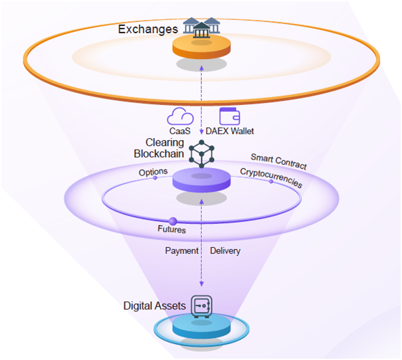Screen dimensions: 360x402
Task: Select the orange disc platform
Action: pyautogui.click(x=201, y=48)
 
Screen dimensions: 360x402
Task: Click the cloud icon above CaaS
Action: pyautogui.click(x=180, y=117)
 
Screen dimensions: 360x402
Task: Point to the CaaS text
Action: pyautogui.click(x=179, y=132)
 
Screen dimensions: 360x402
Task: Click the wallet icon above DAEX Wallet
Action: pyautogui.click(x=229, y=116)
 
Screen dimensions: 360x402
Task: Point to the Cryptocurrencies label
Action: pyautogui.click(x=270, y=177)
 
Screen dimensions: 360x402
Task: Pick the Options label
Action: pyautogui.click(x=153, y=172)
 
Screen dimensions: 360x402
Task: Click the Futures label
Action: pyautogui.click(x=171, y=230)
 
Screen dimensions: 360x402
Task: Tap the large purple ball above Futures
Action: pyautogui.click(x=173, y=221)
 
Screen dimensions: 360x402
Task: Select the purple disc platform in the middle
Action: pyautogui.click(x=201, y=181)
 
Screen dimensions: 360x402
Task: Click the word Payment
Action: pyautogui.click(x=181, y=251)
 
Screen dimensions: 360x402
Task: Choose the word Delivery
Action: pyautogui.click(x=225, y=251)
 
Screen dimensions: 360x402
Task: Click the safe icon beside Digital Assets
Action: pyautogui.click(x=201, y=306)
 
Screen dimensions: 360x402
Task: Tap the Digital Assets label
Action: pyautogui.click(x=154, y=306)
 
